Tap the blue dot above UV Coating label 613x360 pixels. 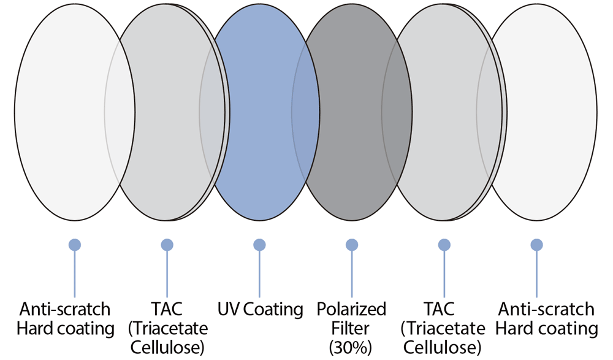[259, 245]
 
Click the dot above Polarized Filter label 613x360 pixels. [352, 245]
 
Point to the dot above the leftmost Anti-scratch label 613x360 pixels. [75, 245]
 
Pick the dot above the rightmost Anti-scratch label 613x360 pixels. [536, 245]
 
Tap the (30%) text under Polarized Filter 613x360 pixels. [351, 347]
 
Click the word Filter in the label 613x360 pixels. [351, 328]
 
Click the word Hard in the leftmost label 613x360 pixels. [34, 328]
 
